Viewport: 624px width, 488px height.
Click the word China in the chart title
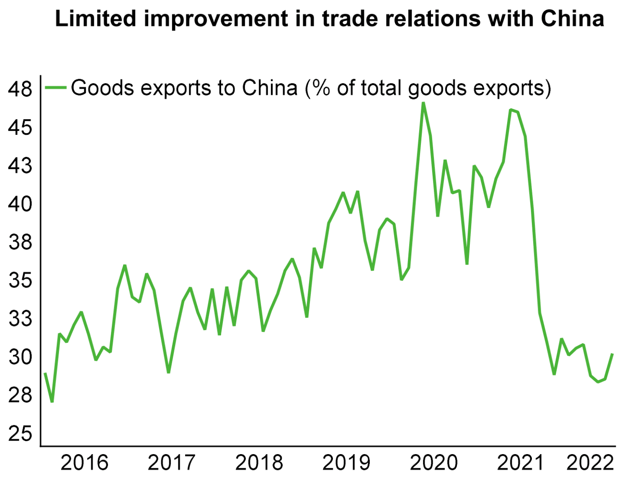572,19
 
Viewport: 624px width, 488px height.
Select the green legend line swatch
56,87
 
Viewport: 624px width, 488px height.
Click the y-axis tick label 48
20,89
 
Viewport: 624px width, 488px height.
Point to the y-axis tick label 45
20,127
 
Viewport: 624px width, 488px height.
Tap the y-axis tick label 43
20,166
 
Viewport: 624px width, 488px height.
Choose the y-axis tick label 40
20,204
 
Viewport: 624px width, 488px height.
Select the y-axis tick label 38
20,242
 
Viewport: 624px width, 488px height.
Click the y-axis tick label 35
20,280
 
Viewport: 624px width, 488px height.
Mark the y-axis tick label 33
20,318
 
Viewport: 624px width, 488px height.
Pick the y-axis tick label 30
20,357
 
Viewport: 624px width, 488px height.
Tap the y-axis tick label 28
20,395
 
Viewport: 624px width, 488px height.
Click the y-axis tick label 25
20,433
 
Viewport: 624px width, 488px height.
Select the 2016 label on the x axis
84,462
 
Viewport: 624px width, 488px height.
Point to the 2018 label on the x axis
259,462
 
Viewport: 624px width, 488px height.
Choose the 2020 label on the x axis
433,462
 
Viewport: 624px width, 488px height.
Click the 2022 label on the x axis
590,462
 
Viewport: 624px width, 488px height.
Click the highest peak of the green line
423,103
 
